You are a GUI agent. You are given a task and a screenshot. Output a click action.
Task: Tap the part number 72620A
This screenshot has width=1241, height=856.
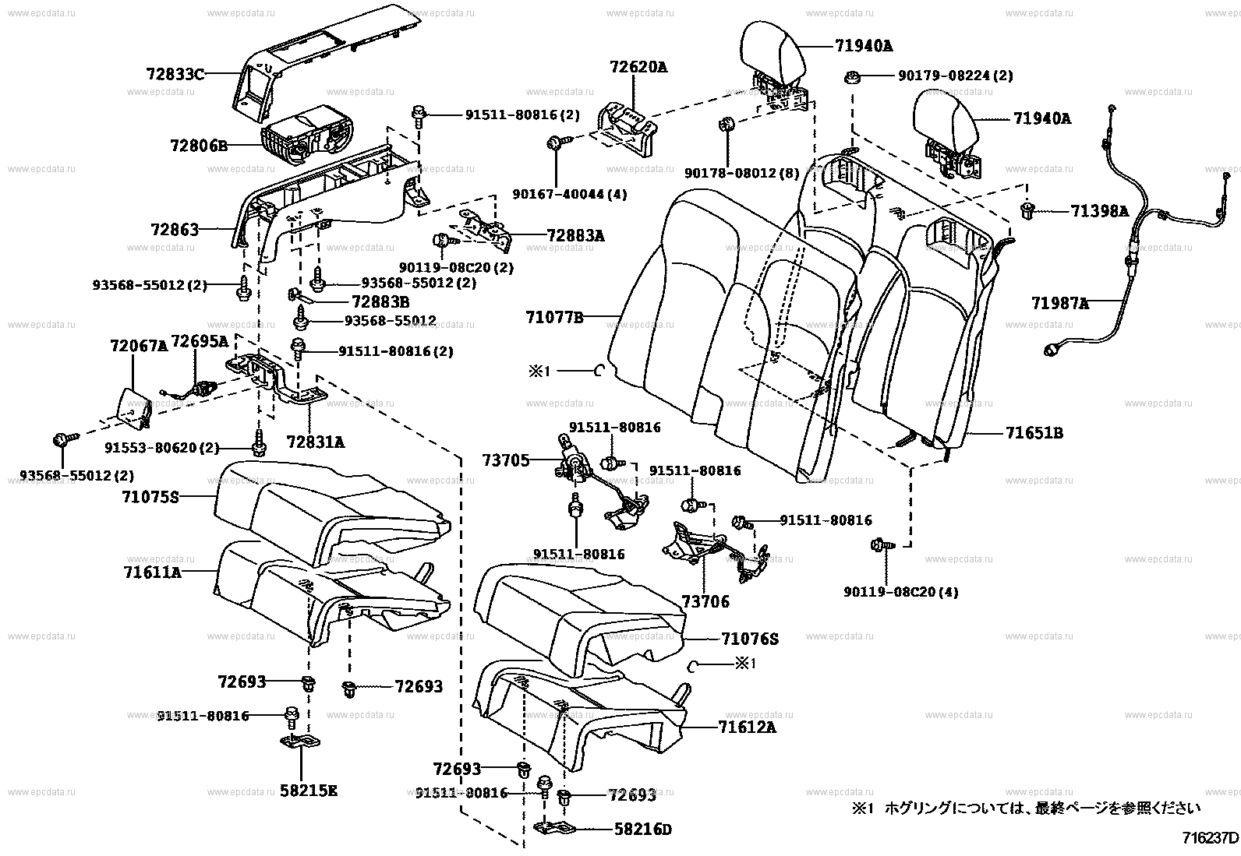point(638,67)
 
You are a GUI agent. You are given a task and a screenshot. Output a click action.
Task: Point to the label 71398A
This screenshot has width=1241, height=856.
point(1099,211)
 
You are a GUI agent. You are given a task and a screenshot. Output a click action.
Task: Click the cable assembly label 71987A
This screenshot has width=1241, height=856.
point(1059,303)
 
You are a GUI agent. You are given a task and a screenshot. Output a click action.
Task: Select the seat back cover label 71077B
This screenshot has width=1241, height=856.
point(554,317)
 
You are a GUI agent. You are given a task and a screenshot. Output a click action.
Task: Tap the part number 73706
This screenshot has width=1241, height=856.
point(705,601)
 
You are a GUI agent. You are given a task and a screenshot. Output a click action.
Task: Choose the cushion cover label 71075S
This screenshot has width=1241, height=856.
point(150,495)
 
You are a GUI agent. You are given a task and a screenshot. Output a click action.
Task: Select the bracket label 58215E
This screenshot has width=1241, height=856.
point(309,791)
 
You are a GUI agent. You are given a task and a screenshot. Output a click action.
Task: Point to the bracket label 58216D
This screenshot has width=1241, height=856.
point(642,830)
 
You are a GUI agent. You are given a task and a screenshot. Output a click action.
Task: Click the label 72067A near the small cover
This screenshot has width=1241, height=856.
point(138,345)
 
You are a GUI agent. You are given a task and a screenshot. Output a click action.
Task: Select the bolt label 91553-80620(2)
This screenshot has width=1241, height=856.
point(161,448)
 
